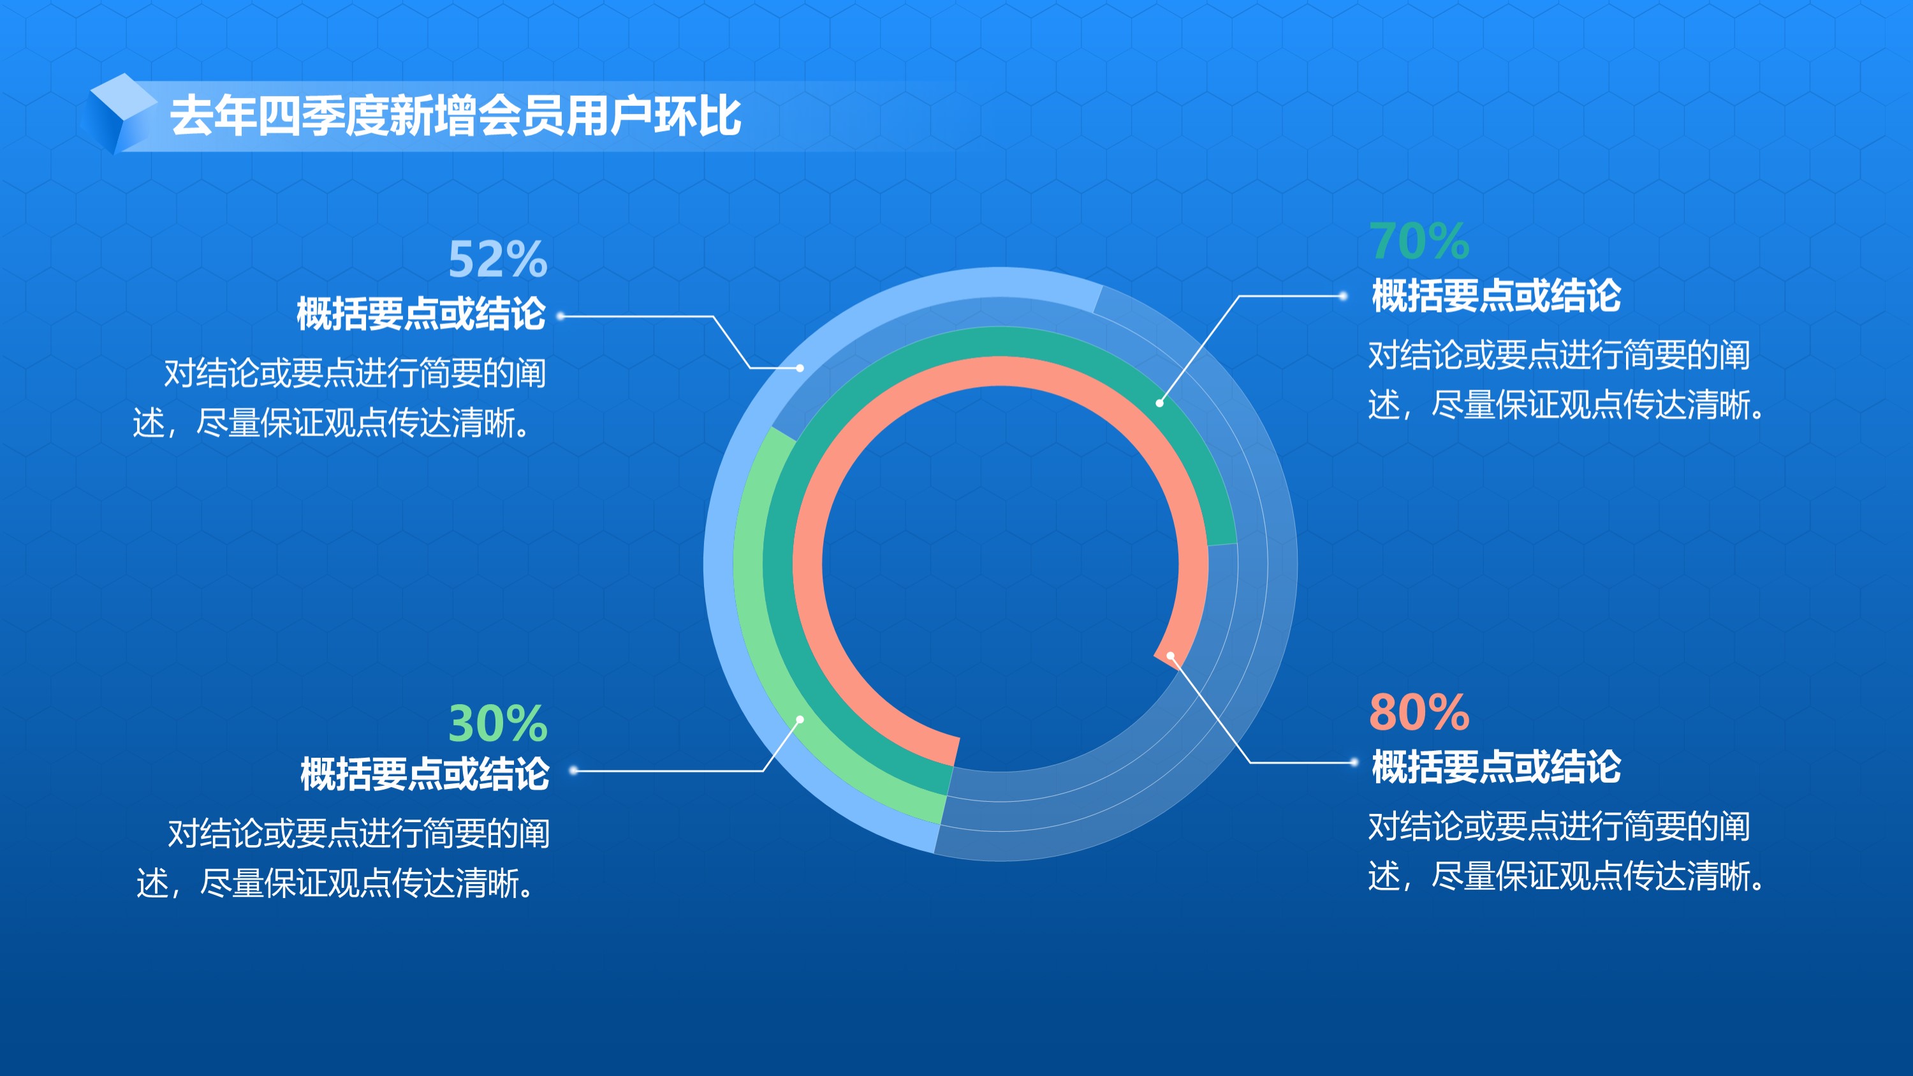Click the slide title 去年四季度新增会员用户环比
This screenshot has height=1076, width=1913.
[x=455, y=117]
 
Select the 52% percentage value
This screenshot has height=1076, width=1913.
[x=497, y=259]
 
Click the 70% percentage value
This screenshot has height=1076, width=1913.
[x=1419, y=241]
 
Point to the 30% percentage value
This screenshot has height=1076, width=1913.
[x=497, y=723]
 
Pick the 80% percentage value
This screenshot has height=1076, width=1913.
[x=1419, y=712]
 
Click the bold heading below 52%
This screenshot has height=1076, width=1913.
[x=421, y=313]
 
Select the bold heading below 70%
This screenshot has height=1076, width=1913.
[x=1497, y=295]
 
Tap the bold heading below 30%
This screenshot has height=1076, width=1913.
[x=425, y=774]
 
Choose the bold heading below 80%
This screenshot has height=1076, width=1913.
[x=1497, y=767]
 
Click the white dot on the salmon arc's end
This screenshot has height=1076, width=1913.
[x=1170, y=656]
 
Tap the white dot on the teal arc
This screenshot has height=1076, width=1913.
[x=1159, y=403]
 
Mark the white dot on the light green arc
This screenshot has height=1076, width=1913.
[x=800, y=719]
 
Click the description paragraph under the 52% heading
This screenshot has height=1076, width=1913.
[x=339, y=398]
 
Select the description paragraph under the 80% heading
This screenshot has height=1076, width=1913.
[x=1565, y=851]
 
